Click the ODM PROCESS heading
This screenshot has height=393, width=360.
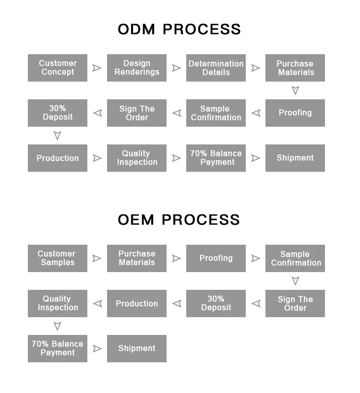179,29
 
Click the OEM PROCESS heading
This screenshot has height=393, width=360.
179,220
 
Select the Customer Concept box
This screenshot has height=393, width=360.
58,68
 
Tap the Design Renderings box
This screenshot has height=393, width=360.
137,68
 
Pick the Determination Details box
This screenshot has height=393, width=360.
216,68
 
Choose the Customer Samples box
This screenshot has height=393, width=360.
58,258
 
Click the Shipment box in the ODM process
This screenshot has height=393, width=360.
295,158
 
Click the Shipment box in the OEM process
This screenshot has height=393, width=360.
137,348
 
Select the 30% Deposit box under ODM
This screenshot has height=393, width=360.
58,113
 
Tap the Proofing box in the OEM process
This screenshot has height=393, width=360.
216,258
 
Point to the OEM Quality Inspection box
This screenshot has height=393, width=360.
58,303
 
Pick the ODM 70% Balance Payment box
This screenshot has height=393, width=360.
216,158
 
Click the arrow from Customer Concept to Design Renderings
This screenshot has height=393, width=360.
97,68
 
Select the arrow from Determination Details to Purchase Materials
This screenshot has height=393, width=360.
255,68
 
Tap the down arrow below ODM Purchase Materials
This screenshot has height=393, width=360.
295,91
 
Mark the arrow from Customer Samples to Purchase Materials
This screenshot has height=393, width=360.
97,259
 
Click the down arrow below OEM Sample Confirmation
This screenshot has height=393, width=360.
295,281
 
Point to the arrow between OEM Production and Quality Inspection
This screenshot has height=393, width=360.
98,304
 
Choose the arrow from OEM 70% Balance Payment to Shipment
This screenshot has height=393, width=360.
97,349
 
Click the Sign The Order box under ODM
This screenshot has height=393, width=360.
137,113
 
